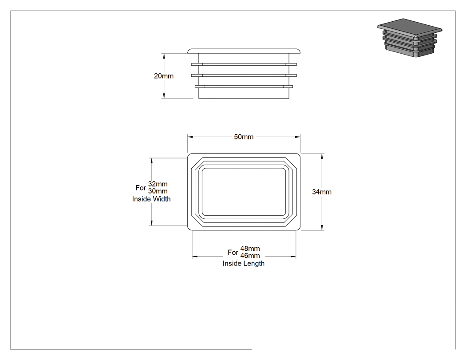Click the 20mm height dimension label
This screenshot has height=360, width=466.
click(163, 76)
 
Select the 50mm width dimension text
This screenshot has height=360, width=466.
click(244, 137)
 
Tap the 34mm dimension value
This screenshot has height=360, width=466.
click(322, 192)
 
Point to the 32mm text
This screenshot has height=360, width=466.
click(158, 184)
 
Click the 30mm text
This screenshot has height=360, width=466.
click(158, 191)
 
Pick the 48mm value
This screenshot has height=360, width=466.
click(250, 248)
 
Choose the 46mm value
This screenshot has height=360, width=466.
click(250, 256)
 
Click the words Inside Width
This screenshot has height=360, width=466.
click(151, 199)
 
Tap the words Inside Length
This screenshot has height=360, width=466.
click(243, 263)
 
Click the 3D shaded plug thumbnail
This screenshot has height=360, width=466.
click(410, 38)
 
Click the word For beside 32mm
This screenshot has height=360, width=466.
click(141, 188)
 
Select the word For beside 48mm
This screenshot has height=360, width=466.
click(233, 253)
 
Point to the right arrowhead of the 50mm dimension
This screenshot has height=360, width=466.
click(297, 137)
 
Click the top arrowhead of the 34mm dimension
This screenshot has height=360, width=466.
click(322, 156)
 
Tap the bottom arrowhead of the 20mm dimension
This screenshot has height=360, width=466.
click(164, 96)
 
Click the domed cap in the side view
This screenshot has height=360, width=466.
click(244, 51)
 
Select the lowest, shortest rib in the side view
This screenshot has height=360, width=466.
click(244, 87)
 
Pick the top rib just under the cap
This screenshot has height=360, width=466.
click(244, 64)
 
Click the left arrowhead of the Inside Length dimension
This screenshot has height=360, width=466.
click(195, 256)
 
